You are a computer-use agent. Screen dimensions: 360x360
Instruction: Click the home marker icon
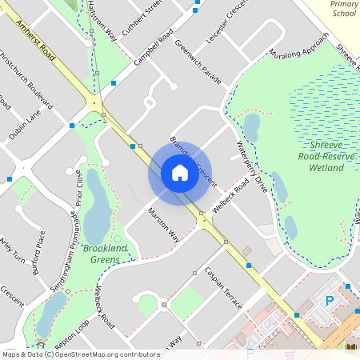[x=179, y=173]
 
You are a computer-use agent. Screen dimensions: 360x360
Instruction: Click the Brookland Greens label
[x=105, y=254]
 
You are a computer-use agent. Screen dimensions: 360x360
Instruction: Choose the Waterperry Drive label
[x=252, y=166]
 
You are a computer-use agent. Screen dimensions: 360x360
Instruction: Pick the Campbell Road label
[x=154, y=50]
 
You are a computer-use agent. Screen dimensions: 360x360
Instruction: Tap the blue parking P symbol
[x=330, y=301]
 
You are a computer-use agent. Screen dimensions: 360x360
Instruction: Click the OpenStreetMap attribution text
[x=80, y=354]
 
